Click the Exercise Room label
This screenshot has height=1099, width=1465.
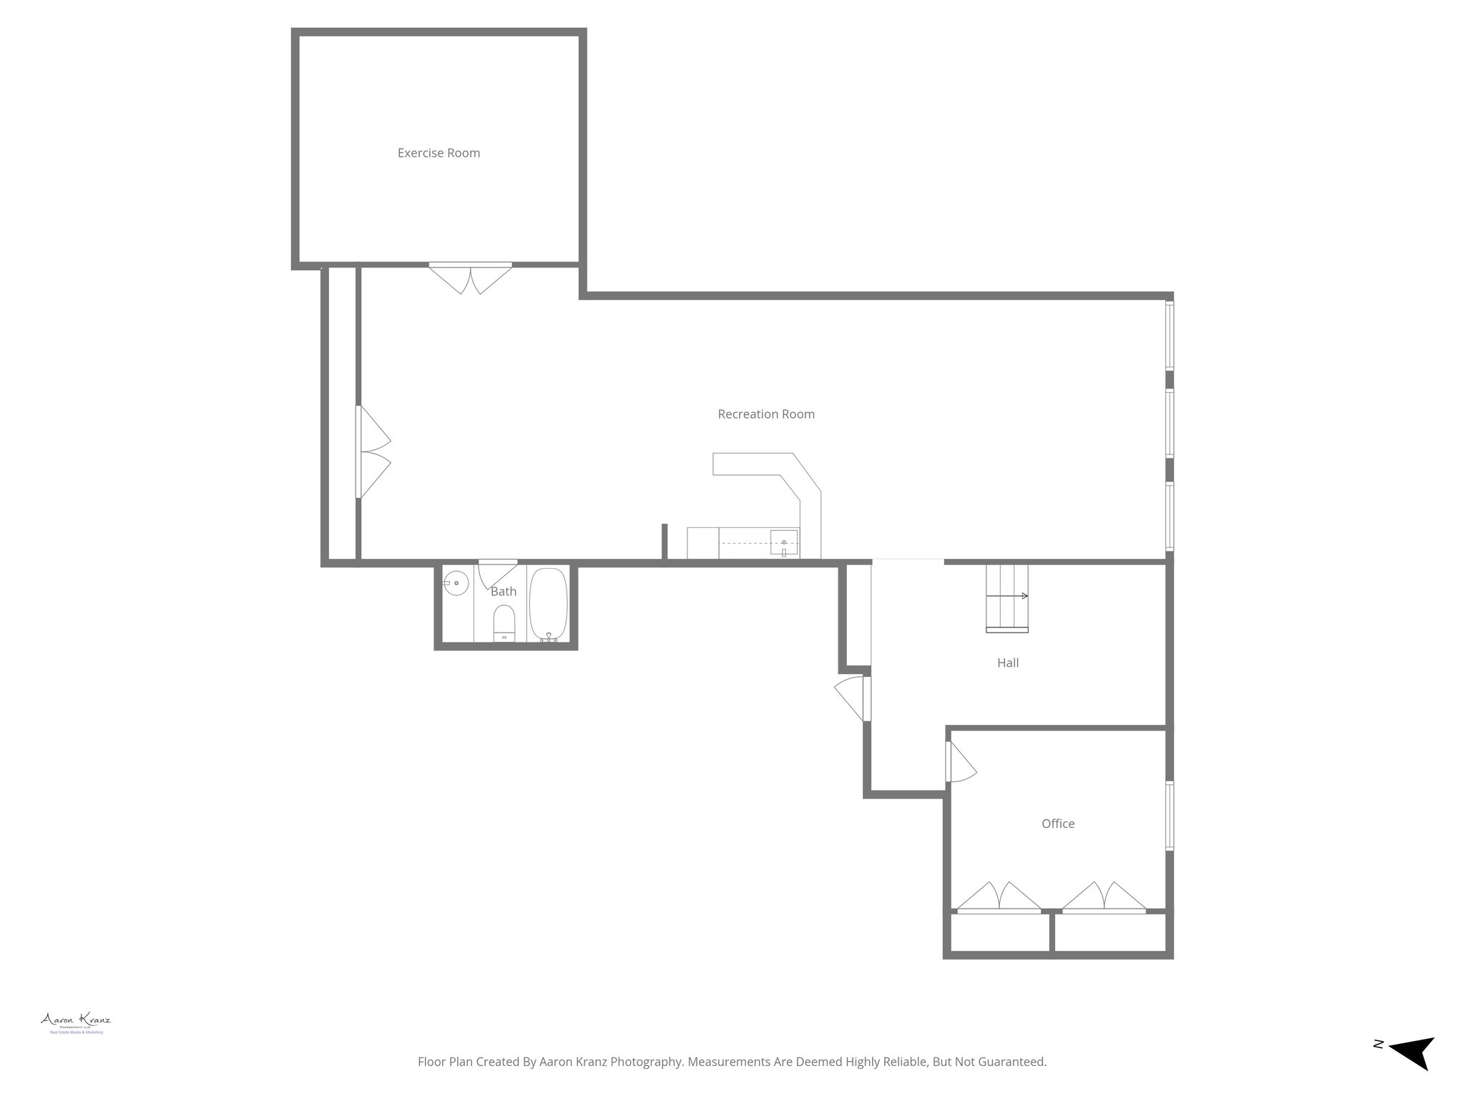point(438,153)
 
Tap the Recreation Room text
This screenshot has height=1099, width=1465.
point(766,414)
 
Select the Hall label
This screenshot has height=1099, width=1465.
point(1008,663)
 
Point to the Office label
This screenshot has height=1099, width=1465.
point(1058,824)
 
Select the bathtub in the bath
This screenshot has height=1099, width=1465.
point(549,605)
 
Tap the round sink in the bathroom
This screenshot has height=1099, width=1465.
point(456,584)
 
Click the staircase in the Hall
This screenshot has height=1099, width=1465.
point(1006,598)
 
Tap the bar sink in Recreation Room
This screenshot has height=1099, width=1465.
point(784,544)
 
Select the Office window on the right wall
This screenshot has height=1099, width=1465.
point(1170,816)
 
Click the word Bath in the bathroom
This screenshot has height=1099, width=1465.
point(504,592)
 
